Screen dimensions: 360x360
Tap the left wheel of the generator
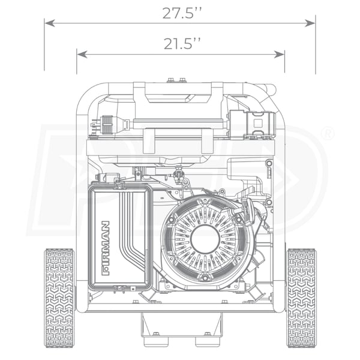point(59,298)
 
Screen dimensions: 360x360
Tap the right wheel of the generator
point(301,298)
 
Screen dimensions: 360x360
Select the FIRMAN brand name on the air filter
point(106,248)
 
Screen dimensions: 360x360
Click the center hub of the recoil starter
point(205,239)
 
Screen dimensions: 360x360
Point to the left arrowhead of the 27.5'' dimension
point(49,23)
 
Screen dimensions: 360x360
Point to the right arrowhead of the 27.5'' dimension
point(310,23)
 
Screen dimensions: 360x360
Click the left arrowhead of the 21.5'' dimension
point(82,55)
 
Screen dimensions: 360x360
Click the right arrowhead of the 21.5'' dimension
point(280,55)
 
